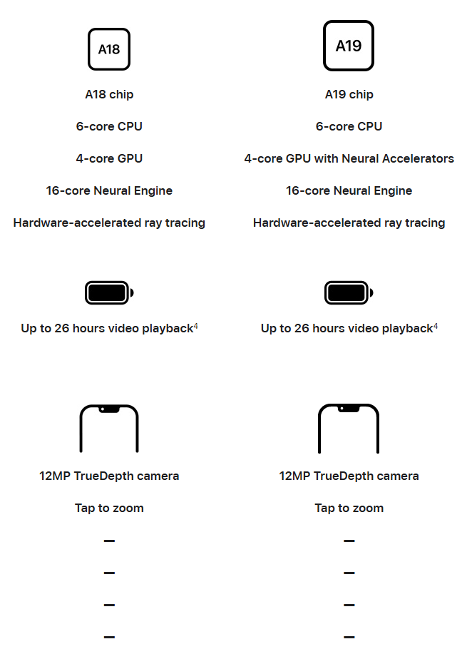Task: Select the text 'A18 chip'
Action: [x=109, y=95]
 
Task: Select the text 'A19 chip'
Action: [x=349, y=95]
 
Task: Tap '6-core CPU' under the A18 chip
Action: [x=109, y=126]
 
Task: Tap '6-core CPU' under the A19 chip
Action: [x=349, y=126]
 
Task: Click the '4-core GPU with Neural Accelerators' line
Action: [x=349, y=158]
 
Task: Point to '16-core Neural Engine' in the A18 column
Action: [x=109, y=190]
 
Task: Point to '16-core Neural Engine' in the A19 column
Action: [x=349, y=190]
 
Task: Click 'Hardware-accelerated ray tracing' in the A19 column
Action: [x=349, y=223]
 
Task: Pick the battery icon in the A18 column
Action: [x=109, y=293]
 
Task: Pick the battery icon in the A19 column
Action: [x=349, y=293]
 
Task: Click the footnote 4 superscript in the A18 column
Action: [x=195, y=326]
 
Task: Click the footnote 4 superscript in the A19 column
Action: [x=436, y=326]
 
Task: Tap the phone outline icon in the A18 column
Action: [x=81, y=429]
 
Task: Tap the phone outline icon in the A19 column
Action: [x=319, y=429]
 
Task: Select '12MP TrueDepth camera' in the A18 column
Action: [x=109, y=476]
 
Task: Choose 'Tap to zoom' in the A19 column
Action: [x=349, y=508]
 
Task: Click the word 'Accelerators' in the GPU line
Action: [x=418, y=158]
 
